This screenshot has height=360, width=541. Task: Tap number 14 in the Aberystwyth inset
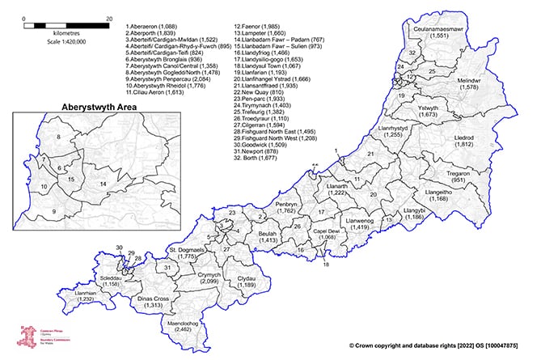(x=103, y=184)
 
